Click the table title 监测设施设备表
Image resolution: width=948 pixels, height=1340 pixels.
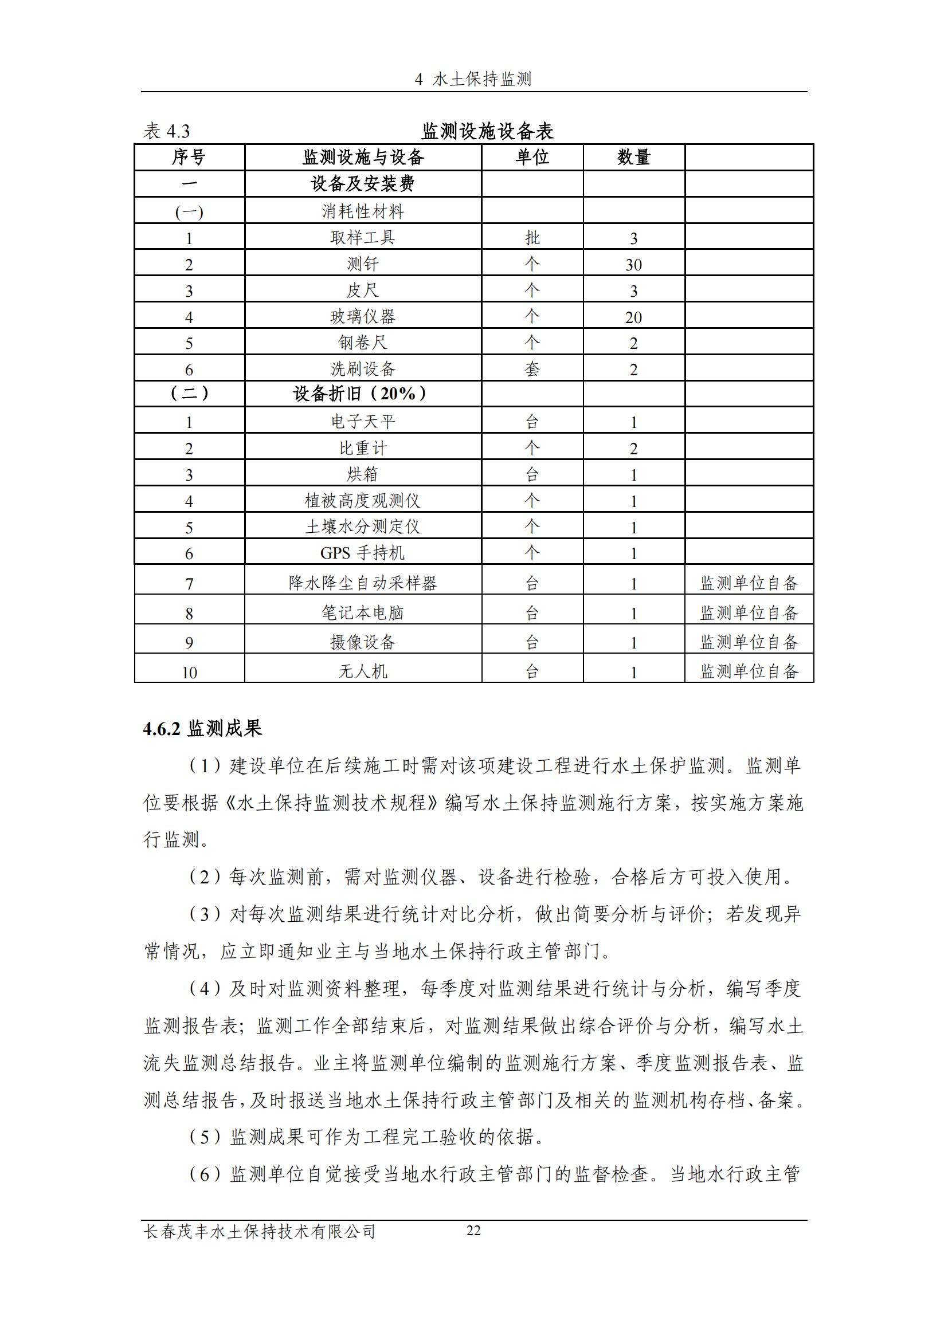(487, 131)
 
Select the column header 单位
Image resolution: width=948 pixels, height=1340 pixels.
(532, 157)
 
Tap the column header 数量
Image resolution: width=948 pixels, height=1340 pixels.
(633, 157)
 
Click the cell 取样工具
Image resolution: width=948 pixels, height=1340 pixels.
(362, 238)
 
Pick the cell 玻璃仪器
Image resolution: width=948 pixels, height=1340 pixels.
(362, 317)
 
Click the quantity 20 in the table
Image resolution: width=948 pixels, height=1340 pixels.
(633, 317)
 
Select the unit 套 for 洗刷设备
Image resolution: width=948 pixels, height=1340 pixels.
(532, 370)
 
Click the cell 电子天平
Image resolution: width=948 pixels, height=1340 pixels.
(362, 422)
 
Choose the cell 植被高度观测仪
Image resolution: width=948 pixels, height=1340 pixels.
(362, 501)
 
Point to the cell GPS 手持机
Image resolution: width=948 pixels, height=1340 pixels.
(362, 553)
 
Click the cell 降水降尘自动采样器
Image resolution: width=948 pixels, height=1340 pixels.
(362, 583)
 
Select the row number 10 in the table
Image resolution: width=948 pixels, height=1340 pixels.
(189, 673)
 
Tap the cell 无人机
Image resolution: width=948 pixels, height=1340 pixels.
(362, 671)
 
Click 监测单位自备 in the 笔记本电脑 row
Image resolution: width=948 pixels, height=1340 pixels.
(749, 613)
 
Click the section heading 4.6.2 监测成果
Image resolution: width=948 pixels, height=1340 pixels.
(202, 728)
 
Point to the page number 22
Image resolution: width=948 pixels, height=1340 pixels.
(473, 1230)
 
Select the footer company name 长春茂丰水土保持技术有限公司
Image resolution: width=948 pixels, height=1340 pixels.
(259, 1232)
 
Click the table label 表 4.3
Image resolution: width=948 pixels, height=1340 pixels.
(167, 131)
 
